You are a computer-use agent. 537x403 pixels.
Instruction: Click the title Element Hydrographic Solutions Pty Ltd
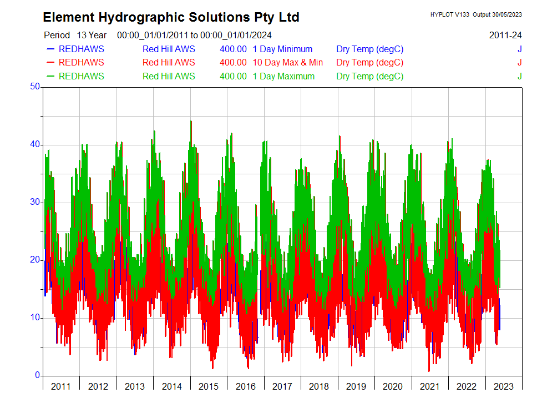pos(171,17)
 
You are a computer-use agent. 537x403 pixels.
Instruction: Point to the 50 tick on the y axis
pos(36,87)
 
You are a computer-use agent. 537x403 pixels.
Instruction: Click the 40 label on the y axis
pos(36,144)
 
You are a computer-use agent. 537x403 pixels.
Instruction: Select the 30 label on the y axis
pos(36,202)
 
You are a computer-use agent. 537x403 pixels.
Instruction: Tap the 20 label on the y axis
pos(36,260)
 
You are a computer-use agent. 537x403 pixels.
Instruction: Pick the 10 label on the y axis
pos(36,318)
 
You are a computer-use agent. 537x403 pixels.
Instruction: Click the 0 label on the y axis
pos(38,375)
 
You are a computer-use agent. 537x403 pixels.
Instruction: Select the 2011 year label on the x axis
pos(60,386)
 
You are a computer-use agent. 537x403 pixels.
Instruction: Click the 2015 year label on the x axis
pos(208,386)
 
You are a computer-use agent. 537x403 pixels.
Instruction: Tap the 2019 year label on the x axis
pos(356,386)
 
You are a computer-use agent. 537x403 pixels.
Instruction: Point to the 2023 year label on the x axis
pos(503,386)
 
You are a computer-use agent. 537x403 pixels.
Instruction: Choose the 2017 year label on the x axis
pos(282,386)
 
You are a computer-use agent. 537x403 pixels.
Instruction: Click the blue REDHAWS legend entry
pos(81,49)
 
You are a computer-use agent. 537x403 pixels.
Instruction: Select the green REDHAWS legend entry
pos(81,77)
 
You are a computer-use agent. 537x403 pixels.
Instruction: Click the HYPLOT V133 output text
pos(476,14)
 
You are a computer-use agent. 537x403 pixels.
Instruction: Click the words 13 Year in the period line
pos(92,35)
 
